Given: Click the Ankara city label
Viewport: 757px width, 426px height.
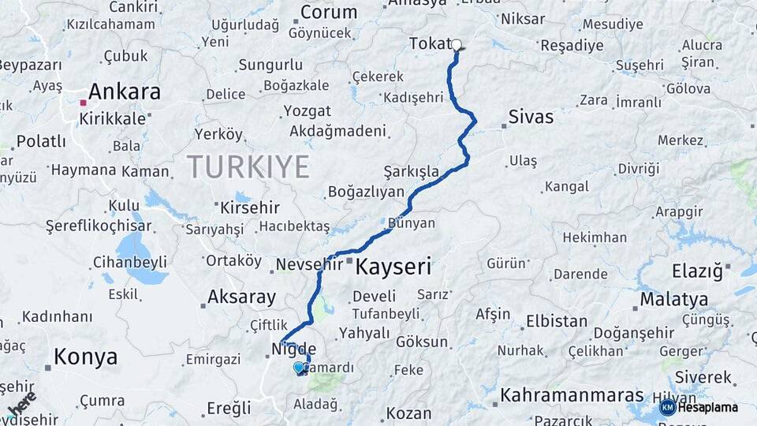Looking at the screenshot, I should tap(125, 92).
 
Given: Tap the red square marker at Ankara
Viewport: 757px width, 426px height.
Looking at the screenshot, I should tap(83, 103).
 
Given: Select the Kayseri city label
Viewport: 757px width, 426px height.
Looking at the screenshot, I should tap(393, 267).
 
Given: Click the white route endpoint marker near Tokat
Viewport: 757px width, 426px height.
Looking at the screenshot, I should tap(456, 45).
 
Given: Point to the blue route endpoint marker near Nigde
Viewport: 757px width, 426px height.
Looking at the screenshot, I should tap(298, 367).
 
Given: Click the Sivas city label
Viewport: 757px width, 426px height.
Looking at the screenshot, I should tap(531, 118).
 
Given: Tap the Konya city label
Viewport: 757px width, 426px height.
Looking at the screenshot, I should tap(86, 357).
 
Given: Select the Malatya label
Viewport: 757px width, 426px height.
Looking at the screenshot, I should tap(673, 300).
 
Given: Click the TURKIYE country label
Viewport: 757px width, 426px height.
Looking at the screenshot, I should tap(248, 167).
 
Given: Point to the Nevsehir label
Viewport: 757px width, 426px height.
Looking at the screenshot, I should tap(309, 264).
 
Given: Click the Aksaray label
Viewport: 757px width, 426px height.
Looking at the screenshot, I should tap(241, 297).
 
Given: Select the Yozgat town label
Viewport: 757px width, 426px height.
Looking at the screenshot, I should tap(307, 110).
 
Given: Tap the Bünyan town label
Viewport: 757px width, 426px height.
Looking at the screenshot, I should tap(411, 223).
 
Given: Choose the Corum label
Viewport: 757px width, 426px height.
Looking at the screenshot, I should tap(329, 13).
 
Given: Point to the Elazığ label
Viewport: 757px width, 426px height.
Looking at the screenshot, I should tap(697, 272).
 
